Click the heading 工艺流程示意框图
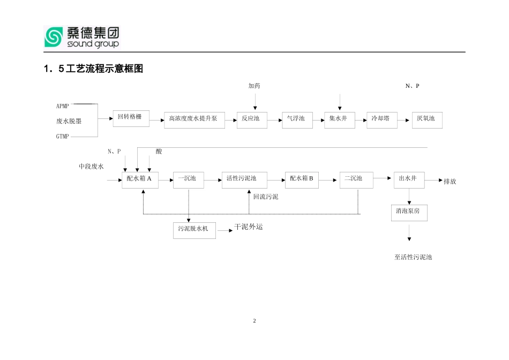[94, 69]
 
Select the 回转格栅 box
[131, 118]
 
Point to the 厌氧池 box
[426, 120]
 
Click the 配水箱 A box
[140, 180]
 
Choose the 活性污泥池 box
[244, 180]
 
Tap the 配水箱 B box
[302, 180]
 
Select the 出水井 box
[409, 180]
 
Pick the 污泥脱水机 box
[194, 230]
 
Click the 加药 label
[254, 86]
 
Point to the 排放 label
[450, 182]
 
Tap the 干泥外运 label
[249, 227]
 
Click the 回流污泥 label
[266, 197]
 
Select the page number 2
[254, 321]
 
